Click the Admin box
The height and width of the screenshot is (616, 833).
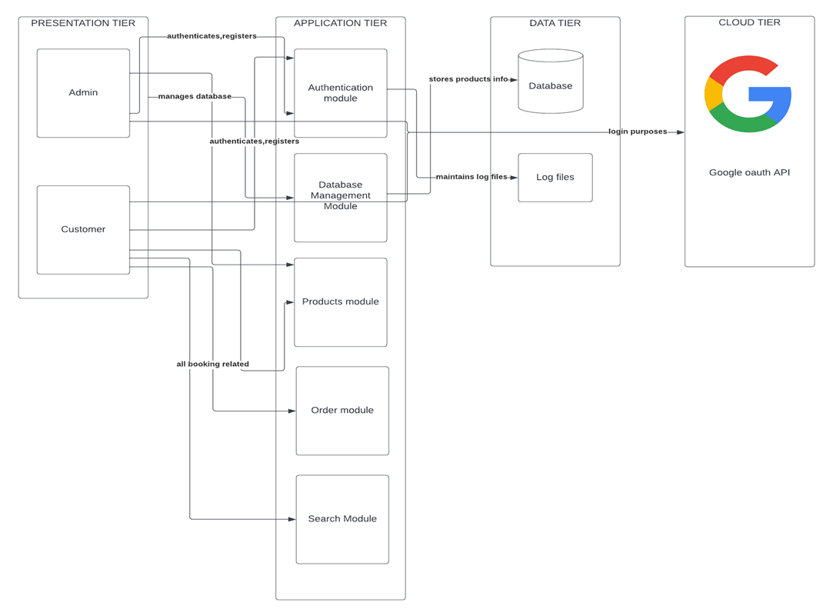(83, 93)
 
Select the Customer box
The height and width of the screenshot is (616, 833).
(83, 229)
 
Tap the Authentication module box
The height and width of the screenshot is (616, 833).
(340, 93)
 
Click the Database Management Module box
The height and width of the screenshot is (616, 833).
(340, 196)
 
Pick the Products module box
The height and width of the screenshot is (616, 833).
(340, 301)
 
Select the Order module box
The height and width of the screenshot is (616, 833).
(342, 410)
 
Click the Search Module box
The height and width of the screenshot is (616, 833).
(342, 518)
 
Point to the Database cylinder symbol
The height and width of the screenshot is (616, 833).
(550, 82)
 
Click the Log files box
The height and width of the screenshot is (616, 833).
(555, 178)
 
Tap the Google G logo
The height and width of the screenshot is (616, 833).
(748, 94)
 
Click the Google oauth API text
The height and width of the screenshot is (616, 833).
(749, 172)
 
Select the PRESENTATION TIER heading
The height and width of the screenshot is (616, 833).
(83, 23)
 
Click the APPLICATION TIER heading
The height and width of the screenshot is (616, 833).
(340, 23)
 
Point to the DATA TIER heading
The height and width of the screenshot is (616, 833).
(555, 23)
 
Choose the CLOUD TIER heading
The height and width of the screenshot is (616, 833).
(749, 22)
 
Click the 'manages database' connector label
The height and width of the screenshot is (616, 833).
(195, 97)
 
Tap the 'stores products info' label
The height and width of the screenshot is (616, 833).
(468, 79)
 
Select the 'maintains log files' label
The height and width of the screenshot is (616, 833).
(471, 177)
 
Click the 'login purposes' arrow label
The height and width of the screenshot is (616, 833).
(638, 132)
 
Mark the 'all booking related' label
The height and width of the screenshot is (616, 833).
(212, 364)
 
